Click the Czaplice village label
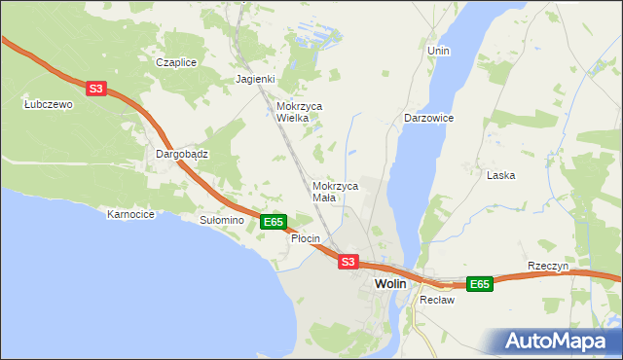click(176, 62)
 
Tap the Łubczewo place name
click(49, 104)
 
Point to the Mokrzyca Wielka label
click(299, 112)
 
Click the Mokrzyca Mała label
click(336, 191)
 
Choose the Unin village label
click(438, 50)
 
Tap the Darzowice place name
click(429, 118)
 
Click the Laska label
click(500, 175)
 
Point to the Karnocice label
click(131, 214)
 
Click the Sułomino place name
click(221, 221)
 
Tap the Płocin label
click(306, 238)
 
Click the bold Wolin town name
click(390, 283)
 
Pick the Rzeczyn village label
click(547, 266)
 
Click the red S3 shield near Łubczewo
click(95, 89)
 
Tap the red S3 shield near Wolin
click(348, 262)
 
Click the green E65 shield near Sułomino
click(274, 222)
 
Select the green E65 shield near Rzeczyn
click(479, 284)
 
